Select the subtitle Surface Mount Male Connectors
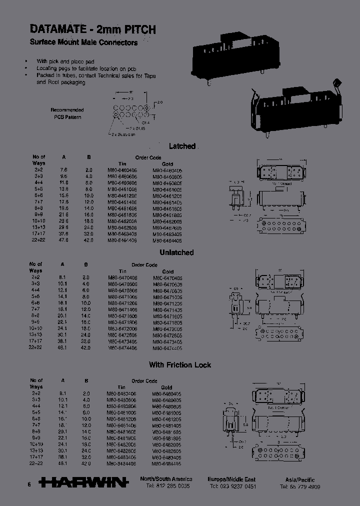(83, 42)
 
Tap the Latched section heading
(182, 146)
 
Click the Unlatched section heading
(176, 252)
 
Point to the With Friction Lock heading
(180, 365)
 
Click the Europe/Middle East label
(231, 479)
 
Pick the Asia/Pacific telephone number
(300, 486)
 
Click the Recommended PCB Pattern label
(67, 113)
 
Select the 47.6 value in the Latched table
(64, 240)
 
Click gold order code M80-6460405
(167, 170)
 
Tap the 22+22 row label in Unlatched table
(35, 347)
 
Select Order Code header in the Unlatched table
(144, 265)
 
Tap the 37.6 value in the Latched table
(64, 233)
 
